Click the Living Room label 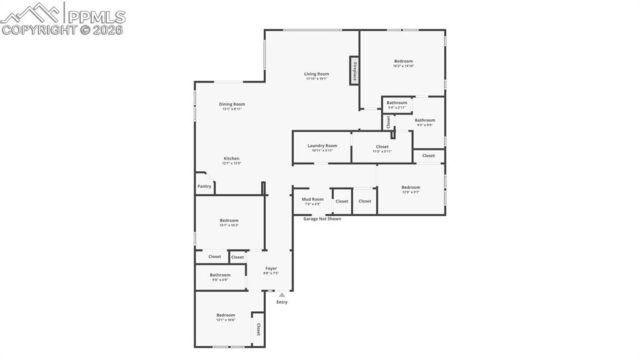click(316, 74)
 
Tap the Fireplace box click(354, 69)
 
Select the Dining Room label click(232, 104)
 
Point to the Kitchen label click(231, 159)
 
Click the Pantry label click(204, 186)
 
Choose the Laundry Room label click(322, 146)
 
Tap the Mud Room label click(312, 199)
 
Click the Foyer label click(271, 269)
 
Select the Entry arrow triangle click(282, 295)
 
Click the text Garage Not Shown click(322, 219)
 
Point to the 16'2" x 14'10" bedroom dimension click(403, 66)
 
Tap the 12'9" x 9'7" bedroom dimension click(411, 192)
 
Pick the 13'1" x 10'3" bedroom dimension click(229, 226)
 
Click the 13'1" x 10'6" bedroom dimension click(226, 320)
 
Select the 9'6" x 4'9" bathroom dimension click(220, 280)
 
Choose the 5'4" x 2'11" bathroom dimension click(397, 107)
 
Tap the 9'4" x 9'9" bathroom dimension click(425, 125)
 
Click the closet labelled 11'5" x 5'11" click(382, 151)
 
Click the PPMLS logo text click(96, 17)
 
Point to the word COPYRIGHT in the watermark click(39, 29)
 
